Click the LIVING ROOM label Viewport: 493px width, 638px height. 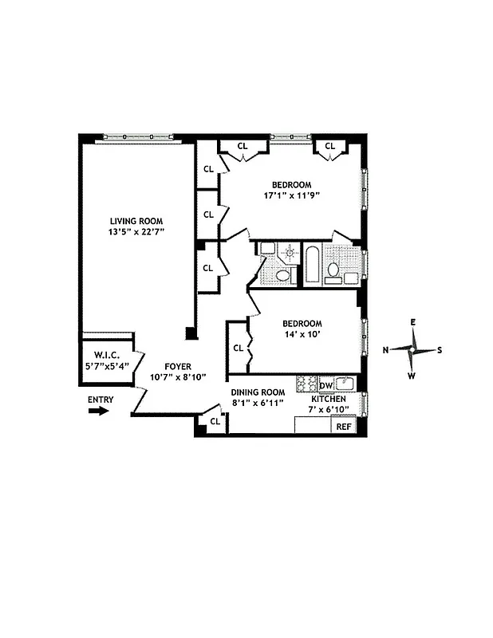coord(136,221)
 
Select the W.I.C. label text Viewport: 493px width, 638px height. coord(106,356)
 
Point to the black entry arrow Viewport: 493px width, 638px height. coord(98,412)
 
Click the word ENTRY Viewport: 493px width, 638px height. coord(101,400)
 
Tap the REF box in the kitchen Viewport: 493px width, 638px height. coord(344,427)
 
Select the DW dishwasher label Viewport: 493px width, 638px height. coord(325,385)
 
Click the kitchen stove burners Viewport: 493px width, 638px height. coord(306,384)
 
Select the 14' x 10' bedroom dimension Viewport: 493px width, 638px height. coord(302,334)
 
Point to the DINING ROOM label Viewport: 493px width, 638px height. coord(258,392)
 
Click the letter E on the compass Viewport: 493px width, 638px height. coord(413,322)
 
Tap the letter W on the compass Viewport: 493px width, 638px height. coord(412,376)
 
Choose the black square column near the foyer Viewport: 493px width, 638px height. coord(190,333)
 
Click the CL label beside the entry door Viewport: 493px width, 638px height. coord(215,421)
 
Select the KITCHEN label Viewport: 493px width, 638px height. coord(329,398)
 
